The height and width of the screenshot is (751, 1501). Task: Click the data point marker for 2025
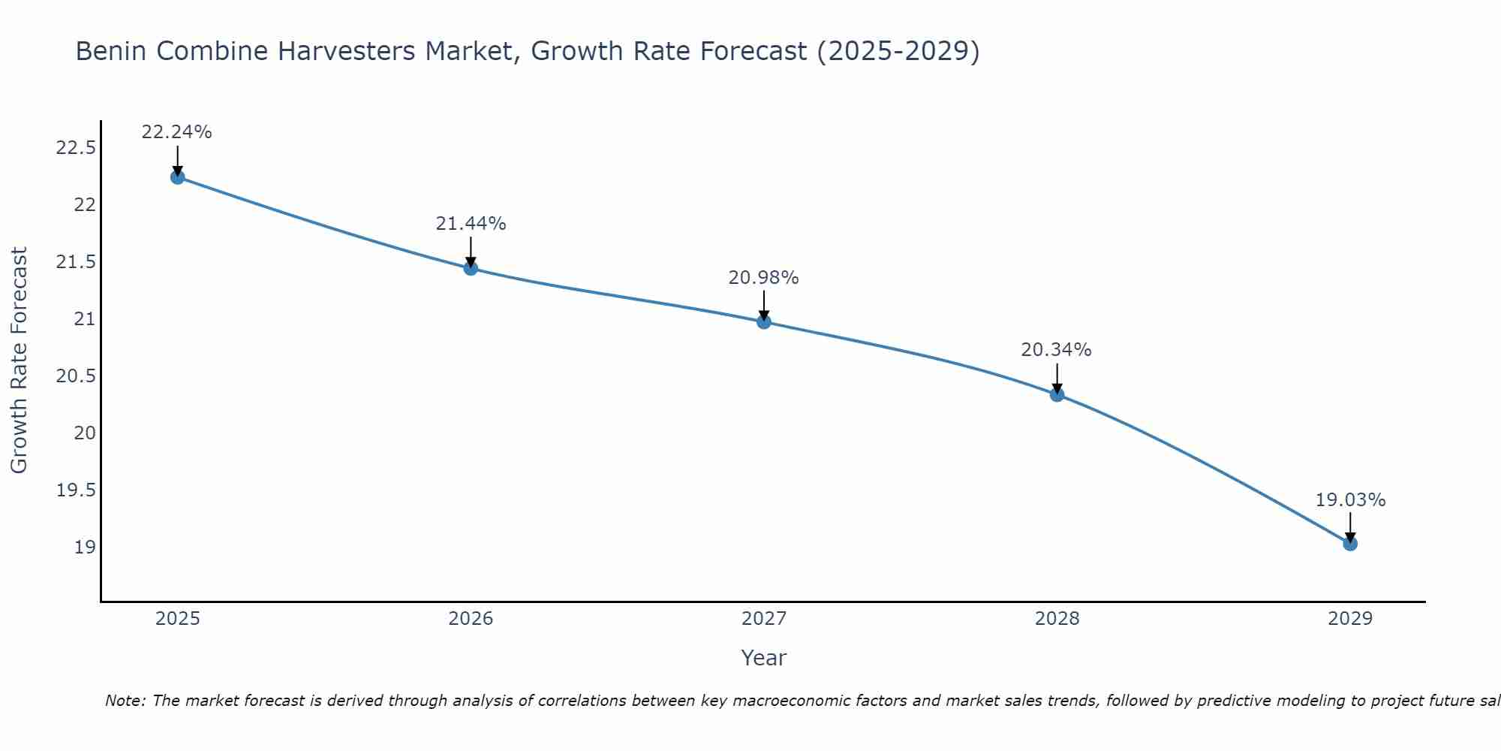point(178,177)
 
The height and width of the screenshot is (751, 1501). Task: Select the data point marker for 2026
point(471,268)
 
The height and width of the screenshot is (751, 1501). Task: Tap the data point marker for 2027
point(764,321)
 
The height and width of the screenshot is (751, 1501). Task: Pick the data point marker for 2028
point(1057,394)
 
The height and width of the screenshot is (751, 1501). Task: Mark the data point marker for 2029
point(1350,543)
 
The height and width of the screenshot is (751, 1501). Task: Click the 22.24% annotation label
point(177,132)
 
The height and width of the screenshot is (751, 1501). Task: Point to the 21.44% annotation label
point(471,224)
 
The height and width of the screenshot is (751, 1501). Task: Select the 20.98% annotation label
point(763,278)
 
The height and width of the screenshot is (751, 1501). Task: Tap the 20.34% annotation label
point(1056,350)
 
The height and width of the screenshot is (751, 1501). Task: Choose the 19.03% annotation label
point(1350,500)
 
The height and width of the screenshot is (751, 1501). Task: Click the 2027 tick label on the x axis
point(764,619)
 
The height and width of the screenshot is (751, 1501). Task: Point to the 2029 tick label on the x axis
point(1350,619)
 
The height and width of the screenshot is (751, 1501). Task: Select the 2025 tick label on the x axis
point(178,619)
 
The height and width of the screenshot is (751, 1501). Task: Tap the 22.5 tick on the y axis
point(76,148)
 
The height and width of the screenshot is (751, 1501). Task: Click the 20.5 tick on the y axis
point(76,376)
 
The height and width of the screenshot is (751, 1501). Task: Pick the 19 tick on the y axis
point(85,547)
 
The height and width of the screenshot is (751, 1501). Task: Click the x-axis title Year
point(763,658)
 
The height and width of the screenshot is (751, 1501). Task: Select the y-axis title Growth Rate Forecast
point(20,360)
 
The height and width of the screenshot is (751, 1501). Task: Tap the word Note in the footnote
point(124,701)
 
